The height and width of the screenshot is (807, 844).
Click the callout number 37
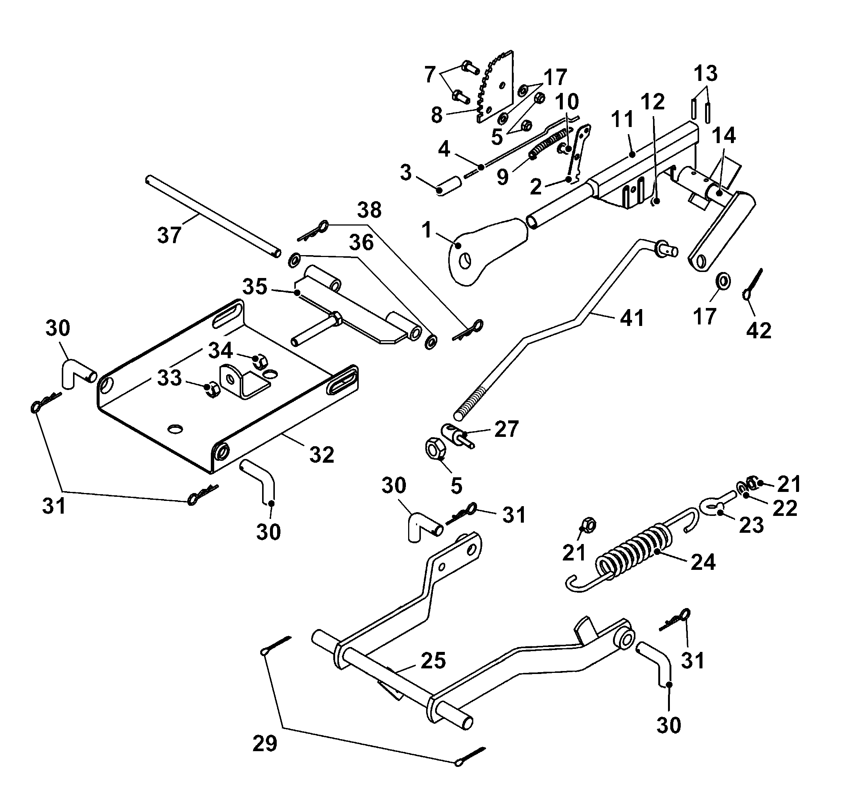coord(169,235)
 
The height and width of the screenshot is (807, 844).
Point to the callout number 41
coord(632,319)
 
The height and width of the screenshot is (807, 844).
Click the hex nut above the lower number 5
coord(435,450)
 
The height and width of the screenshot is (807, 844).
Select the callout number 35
coord(255,287)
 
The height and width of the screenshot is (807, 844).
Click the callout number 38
coord(369,210)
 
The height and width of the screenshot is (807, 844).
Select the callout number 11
coord(623,119)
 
